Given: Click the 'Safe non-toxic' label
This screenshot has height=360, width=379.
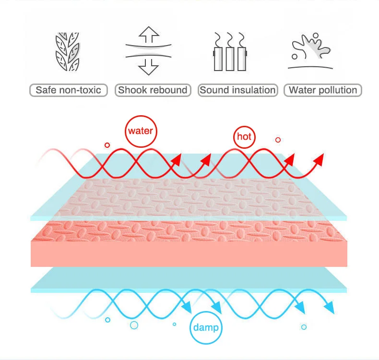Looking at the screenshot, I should pos(69,90).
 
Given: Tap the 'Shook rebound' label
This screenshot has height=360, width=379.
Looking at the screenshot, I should pos(153,90).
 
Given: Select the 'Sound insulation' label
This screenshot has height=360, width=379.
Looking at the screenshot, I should pos(238,90).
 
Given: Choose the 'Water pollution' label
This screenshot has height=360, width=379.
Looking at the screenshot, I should pos(323,90).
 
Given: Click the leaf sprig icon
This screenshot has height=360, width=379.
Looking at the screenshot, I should pos(67,52).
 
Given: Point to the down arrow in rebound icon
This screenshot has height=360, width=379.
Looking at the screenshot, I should pos(149,67).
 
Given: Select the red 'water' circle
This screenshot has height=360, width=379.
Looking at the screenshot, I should pos(141,131).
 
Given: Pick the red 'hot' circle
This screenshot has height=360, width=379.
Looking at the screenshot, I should pos(244,137).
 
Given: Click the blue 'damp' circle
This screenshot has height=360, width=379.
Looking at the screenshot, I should pos(206,328).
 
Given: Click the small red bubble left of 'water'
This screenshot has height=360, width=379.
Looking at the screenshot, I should pos(107,145).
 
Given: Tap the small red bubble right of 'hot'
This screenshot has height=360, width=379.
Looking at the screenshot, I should pos(278,140).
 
